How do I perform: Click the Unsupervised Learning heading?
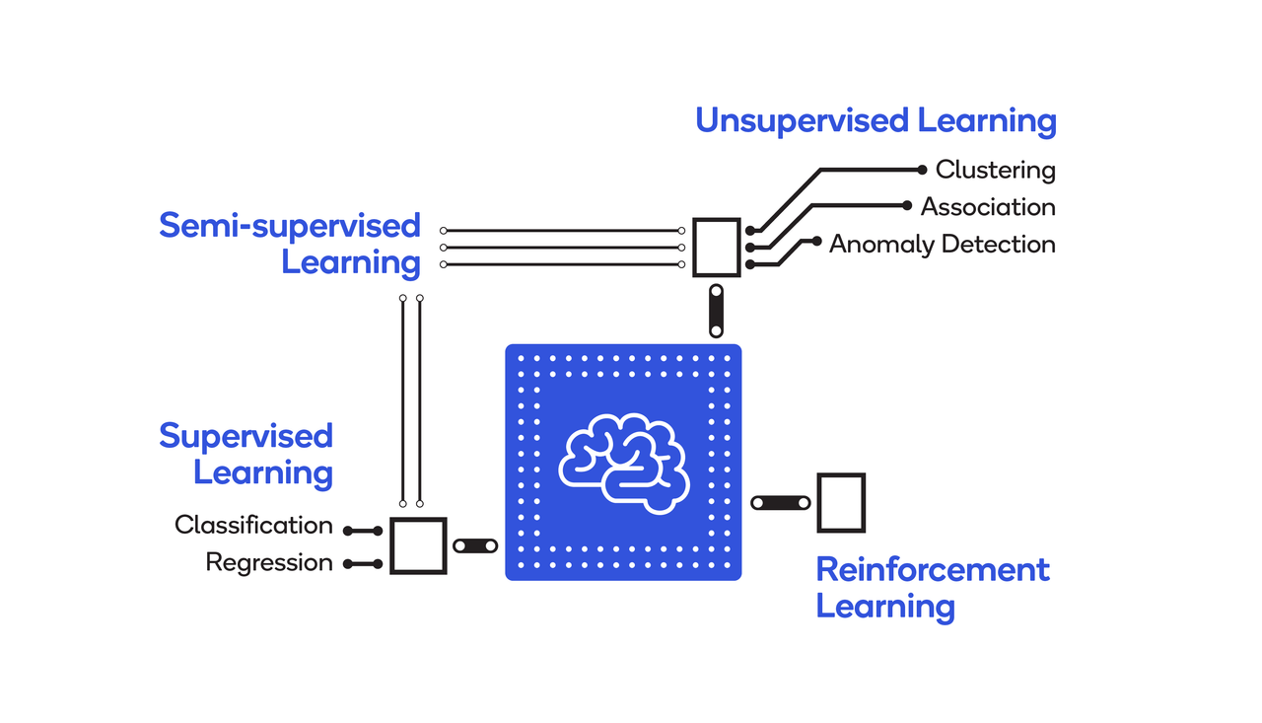pos(876,121)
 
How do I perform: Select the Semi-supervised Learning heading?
pos(290,244)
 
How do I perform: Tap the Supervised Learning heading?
pos(246,454)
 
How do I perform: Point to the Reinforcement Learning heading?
pos(933,587)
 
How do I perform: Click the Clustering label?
pos(995,170)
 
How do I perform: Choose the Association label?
pos(988,207)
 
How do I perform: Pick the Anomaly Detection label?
pos(942,244)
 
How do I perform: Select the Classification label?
pos(253,525)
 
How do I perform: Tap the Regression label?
pos(269,562)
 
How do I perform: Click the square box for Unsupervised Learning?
pos(716,248)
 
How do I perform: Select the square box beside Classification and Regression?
pos(418,545)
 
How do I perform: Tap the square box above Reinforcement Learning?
pos(841,502)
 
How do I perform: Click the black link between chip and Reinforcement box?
pos(780,503)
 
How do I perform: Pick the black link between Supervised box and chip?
pos(475,545)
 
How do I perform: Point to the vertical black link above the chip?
pos(717,310)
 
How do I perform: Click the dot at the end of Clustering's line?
pos(922,170)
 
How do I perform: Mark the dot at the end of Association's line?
pos(907,206)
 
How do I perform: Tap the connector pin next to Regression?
pos(363,564)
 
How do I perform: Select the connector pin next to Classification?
pos(363,531)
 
